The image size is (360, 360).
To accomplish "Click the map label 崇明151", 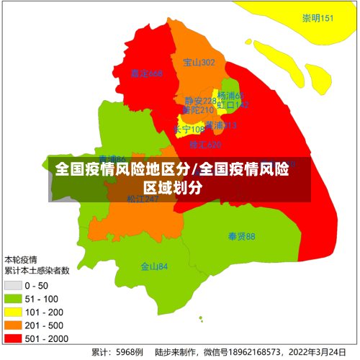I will [318, 18].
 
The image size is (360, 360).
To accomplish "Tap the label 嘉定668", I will [147, 73].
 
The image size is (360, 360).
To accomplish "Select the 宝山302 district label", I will [199, 63].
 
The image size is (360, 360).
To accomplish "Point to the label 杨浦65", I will [231, 96].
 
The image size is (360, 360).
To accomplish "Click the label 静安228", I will [199, 101].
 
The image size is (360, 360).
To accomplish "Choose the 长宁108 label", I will [189, 130].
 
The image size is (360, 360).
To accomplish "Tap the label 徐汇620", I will [205, 145].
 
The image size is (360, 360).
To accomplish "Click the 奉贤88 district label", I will [241, 236].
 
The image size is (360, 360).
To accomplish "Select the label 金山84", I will [154, 266].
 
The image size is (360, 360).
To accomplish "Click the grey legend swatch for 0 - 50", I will [13, 287].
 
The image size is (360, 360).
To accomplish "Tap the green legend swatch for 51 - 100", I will [13, 300].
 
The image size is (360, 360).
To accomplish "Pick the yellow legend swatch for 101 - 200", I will [13, 312].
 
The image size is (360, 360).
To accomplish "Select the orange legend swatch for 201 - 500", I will [13, 325].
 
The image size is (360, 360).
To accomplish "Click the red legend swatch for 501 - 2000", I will [13, 338].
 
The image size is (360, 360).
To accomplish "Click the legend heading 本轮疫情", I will [21, 260].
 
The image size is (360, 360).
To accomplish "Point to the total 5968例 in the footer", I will [130, 353].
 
